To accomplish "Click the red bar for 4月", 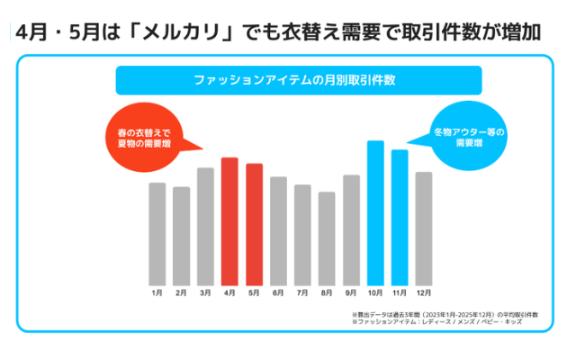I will pos(229,220).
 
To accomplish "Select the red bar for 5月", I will pos(254,224).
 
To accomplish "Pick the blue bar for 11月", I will pos(400,217).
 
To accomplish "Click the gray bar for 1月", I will pos(157,233).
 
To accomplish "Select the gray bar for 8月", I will pos(327,238).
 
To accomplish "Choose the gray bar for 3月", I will pos(205,226).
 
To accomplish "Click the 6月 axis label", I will pos(278,293).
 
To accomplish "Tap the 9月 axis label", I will pos(351,293).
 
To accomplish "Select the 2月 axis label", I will pos(181,293).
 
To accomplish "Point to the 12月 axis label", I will pos(424,293).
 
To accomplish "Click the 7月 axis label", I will pos(302,293).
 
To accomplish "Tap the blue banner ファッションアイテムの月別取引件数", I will pos(296,80).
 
